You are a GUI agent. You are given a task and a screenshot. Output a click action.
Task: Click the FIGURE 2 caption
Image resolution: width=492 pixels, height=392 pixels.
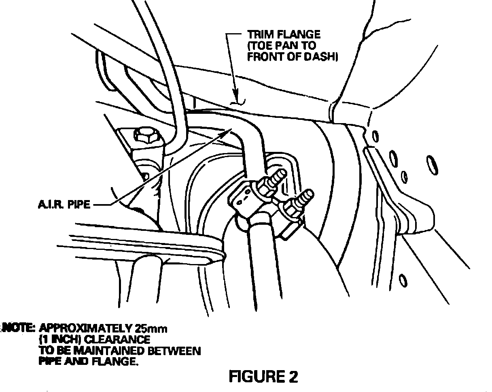click(x=263, y=377)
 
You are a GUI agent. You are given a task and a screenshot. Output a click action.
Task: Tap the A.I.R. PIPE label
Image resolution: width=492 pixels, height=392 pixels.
click(x=60, y=205)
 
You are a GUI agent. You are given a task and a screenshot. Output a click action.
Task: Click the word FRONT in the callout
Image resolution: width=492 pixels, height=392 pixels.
click(x=263, y=57)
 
